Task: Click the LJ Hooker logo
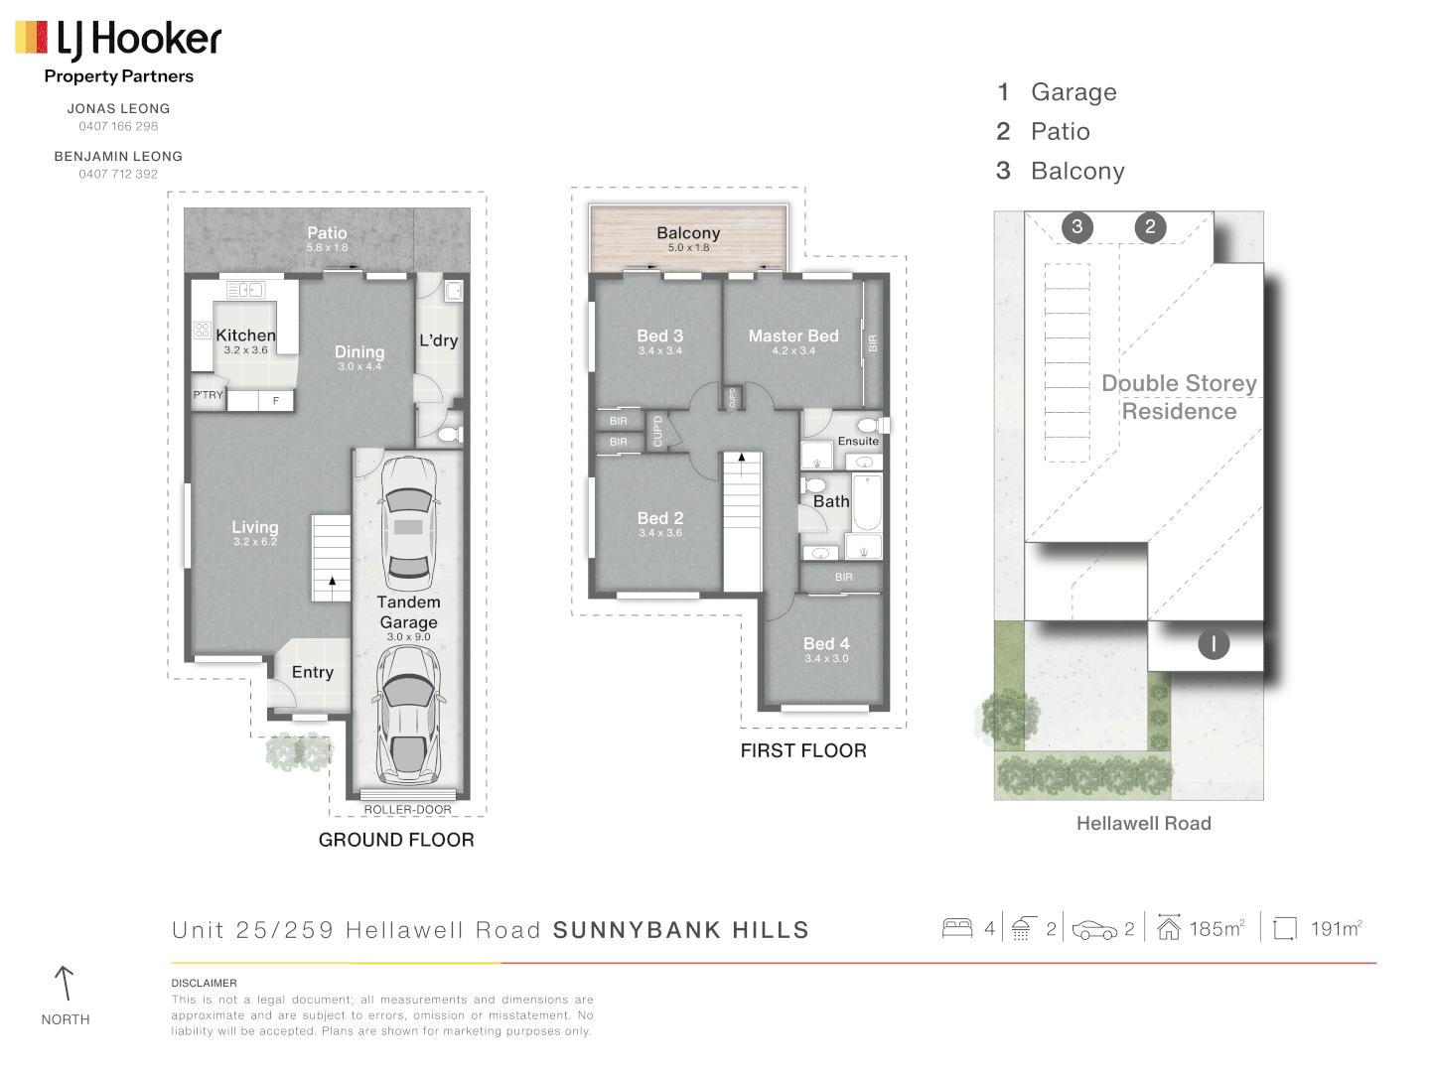pos(118,40)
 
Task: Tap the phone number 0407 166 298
pos(118,126)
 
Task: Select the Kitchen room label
pos(245,335)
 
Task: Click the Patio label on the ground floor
pos(327,232)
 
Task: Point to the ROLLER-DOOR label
pos(407,810)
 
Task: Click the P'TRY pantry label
pos(208,395)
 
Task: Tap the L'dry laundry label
pos(438,340)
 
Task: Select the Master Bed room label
pos(793,336)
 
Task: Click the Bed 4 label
pos(826,644)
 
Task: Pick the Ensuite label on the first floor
pos(858,442)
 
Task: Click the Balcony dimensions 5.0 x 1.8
pos(688,248)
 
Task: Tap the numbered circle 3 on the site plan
pos(1077,226)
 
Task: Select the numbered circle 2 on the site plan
pos(1150,226)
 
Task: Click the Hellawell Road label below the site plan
pos(1143,824)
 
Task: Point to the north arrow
pos(65,984)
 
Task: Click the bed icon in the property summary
pos(957,928)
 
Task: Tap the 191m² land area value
pos(1336,929)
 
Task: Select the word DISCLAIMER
pos(204,984)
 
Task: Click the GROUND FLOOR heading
pos(396,840)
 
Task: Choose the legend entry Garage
pos(1073,92)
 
